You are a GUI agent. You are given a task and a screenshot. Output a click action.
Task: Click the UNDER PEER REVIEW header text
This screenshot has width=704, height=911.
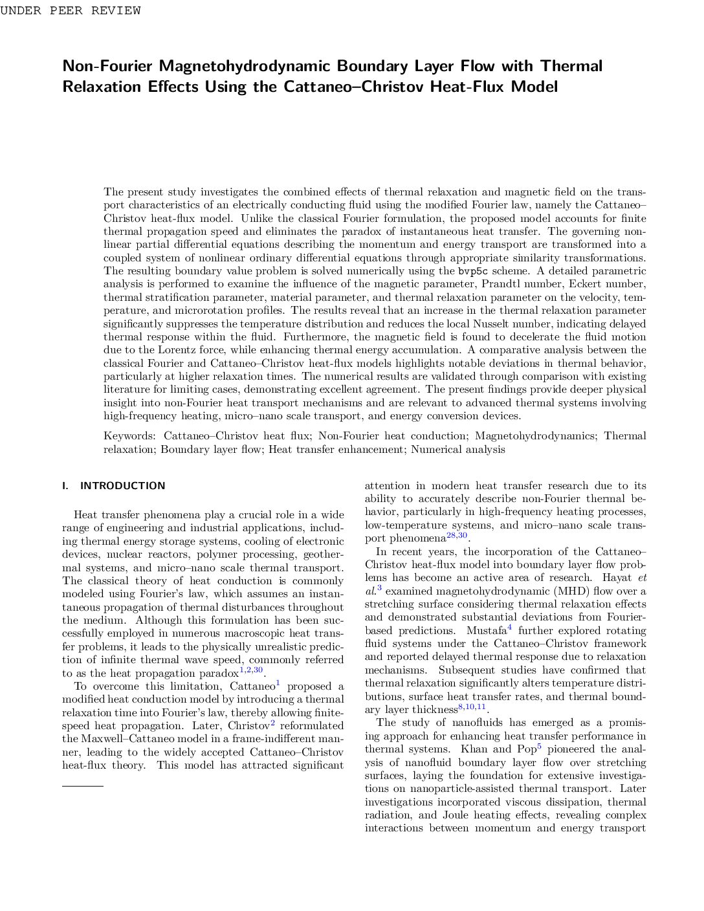tap(70, 10)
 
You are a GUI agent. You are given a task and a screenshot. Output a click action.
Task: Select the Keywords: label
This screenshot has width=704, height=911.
tap(129, 436)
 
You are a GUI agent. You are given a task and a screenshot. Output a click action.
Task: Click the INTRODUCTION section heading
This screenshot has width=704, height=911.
tap(122, 486)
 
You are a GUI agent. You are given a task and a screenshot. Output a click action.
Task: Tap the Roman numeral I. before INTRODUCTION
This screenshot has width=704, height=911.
tap(65, 486)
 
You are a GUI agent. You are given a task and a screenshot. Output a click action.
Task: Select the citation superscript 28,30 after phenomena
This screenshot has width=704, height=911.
tap(457, 535)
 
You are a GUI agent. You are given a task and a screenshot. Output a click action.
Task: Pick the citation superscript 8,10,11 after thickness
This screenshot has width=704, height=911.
tap(472, 707)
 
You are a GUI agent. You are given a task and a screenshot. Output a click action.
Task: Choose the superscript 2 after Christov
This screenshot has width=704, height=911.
tap(273, 723)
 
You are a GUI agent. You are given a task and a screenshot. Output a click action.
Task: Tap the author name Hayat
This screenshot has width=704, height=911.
tap(616, 578)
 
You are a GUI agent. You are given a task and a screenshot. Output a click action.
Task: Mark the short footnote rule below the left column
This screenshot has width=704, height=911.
tap(83, 785)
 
